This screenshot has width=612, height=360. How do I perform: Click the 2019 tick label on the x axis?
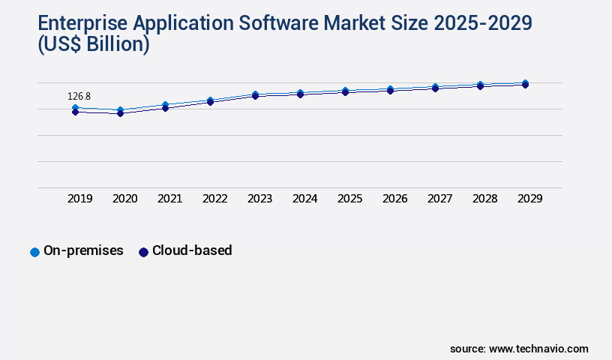click(79, 199)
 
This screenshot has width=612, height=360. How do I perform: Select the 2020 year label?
click(124, 199)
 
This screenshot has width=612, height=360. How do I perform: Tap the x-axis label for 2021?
click(169, 199)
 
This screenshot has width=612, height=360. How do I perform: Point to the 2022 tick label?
click(214, 199)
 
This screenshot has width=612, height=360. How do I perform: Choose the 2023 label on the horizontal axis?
click(259, 199)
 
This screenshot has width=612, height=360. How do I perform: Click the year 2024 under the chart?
click(304, 199)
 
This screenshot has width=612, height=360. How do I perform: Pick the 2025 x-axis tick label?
click(349, 199)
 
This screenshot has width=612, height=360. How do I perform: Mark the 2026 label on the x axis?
click(394, 199)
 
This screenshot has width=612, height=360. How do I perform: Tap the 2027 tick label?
click(439, 199)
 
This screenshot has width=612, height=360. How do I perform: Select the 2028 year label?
click(484, 199)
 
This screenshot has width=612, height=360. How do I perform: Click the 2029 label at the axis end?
click(529, 199)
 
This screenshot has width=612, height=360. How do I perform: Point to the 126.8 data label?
click(79, 97)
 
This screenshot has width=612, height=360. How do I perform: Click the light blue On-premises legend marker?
click(34, 252)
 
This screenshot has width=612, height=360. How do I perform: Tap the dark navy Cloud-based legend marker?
click(143, 252)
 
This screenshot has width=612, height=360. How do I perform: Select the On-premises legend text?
click(83, 251)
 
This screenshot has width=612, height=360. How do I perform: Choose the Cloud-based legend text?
click(192, 251)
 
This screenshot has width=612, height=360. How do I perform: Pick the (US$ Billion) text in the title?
click(92, 45)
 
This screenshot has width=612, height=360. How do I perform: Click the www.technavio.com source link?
click(538, 349)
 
